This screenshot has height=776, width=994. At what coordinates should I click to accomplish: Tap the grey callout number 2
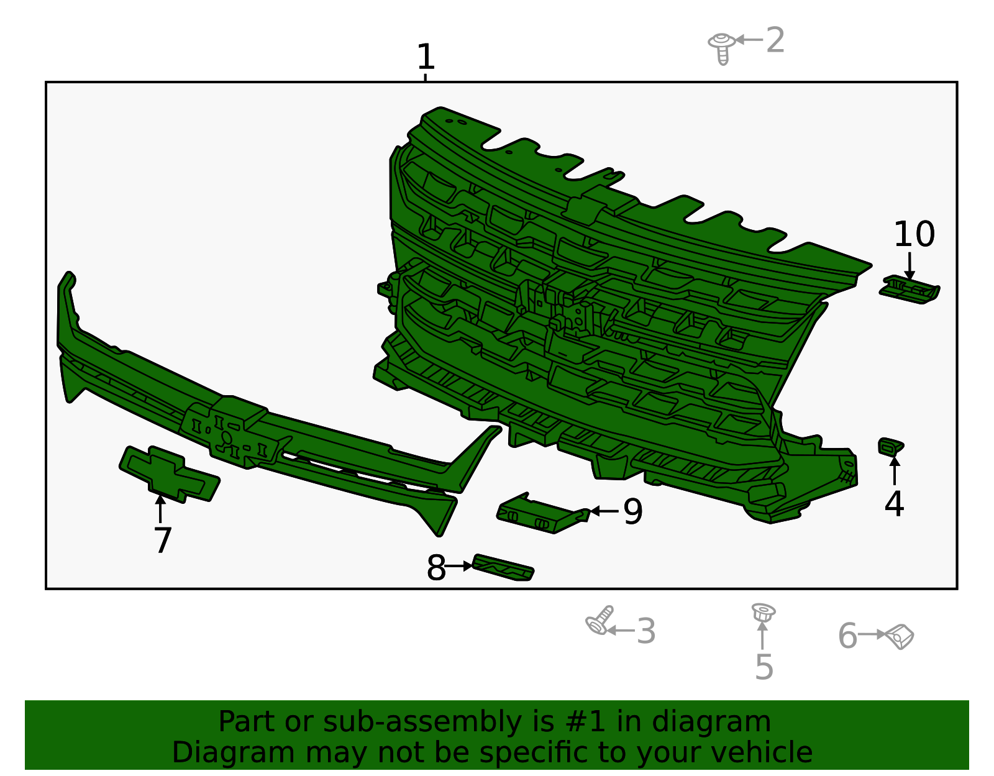[775, 40]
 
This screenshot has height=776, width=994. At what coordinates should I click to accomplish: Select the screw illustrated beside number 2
[722, 48]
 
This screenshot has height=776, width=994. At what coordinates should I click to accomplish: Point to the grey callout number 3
[646, 631]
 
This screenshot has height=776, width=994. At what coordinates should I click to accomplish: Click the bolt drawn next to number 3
[600, 621]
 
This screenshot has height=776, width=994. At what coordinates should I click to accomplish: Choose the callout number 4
[893, 503]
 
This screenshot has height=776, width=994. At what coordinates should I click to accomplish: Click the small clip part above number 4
[890, 447]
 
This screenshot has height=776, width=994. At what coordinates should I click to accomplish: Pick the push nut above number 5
[763, 613]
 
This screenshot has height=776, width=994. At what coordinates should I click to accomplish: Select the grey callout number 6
[847, 636]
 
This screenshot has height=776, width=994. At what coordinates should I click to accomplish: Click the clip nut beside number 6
[900, 637]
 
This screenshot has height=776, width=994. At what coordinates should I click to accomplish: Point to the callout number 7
[162, 540]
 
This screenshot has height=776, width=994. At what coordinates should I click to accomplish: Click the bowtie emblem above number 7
[169, 475]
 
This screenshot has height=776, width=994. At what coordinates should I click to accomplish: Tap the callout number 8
[436, 568]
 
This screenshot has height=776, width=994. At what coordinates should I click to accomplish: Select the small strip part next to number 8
[503, 567]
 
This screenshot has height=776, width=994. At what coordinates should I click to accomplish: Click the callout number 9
[633, 512]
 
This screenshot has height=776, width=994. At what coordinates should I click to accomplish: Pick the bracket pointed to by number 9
[543, 514]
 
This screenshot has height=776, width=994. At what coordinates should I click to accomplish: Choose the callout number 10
[914, 234]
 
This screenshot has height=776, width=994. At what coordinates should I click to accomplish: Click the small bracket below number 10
[910, 290]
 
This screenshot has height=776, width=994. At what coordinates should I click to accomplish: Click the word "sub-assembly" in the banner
[422, 721]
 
